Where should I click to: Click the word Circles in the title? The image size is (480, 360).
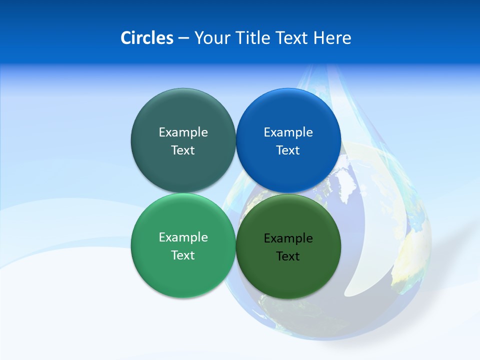tap(146, 38)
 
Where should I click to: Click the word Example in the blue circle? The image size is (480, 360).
tap(288, 132)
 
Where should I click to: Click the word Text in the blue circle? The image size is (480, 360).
tap(288, 150)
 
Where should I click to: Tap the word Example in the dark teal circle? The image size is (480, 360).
tap(183, 132)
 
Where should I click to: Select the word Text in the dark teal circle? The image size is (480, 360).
tap(183, 150)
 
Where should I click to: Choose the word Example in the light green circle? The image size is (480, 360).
tap(183, 237)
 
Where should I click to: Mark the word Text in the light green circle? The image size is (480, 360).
tap(183, 255)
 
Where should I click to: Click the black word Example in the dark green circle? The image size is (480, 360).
tap(288, 238)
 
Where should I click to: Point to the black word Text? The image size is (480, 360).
tap(288, 256)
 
